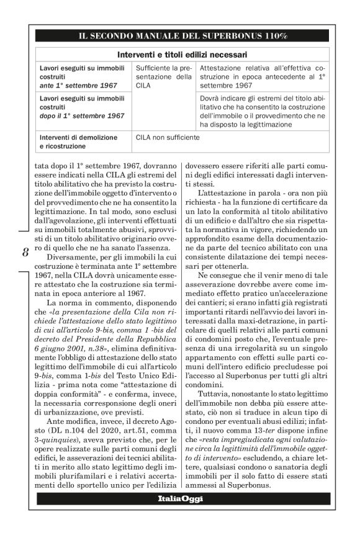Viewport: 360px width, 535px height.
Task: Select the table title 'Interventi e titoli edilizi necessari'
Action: coord(182,55)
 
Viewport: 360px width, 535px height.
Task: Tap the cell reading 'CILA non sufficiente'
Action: coord(167,135)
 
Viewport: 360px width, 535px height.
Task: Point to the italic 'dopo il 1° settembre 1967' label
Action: coord(81,115)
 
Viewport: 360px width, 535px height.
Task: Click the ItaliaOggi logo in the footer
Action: coord(180,499)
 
